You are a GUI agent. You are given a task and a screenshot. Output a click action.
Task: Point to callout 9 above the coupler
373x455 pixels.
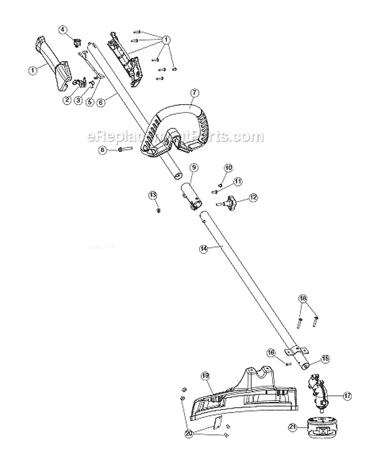click(193, 166)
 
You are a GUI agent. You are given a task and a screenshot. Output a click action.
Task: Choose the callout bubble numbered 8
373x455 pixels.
click(102, 149)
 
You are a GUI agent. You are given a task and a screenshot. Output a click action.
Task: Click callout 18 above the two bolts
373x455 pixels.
click(303, 299)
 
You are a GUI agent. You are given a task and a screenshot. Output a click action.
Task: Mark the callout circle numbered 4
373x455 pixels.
click(63, 29)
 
